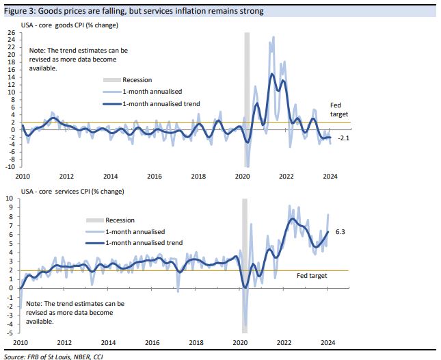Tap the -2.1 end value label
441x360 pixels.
(343, 138)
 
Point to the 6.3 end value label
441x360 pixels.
(340, 232)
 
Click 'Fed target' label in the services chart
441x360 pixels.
(312, 276)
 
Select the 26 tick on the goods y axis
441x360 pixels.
(11, 33)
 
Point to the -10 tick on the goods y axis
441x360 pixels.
(10, 167)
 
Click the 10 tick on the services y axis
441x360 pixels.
(11, 198)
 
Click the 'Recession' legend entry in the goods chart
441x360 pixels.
(137, 80)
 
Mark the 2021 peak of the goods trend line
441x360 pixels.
(271, 74)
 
